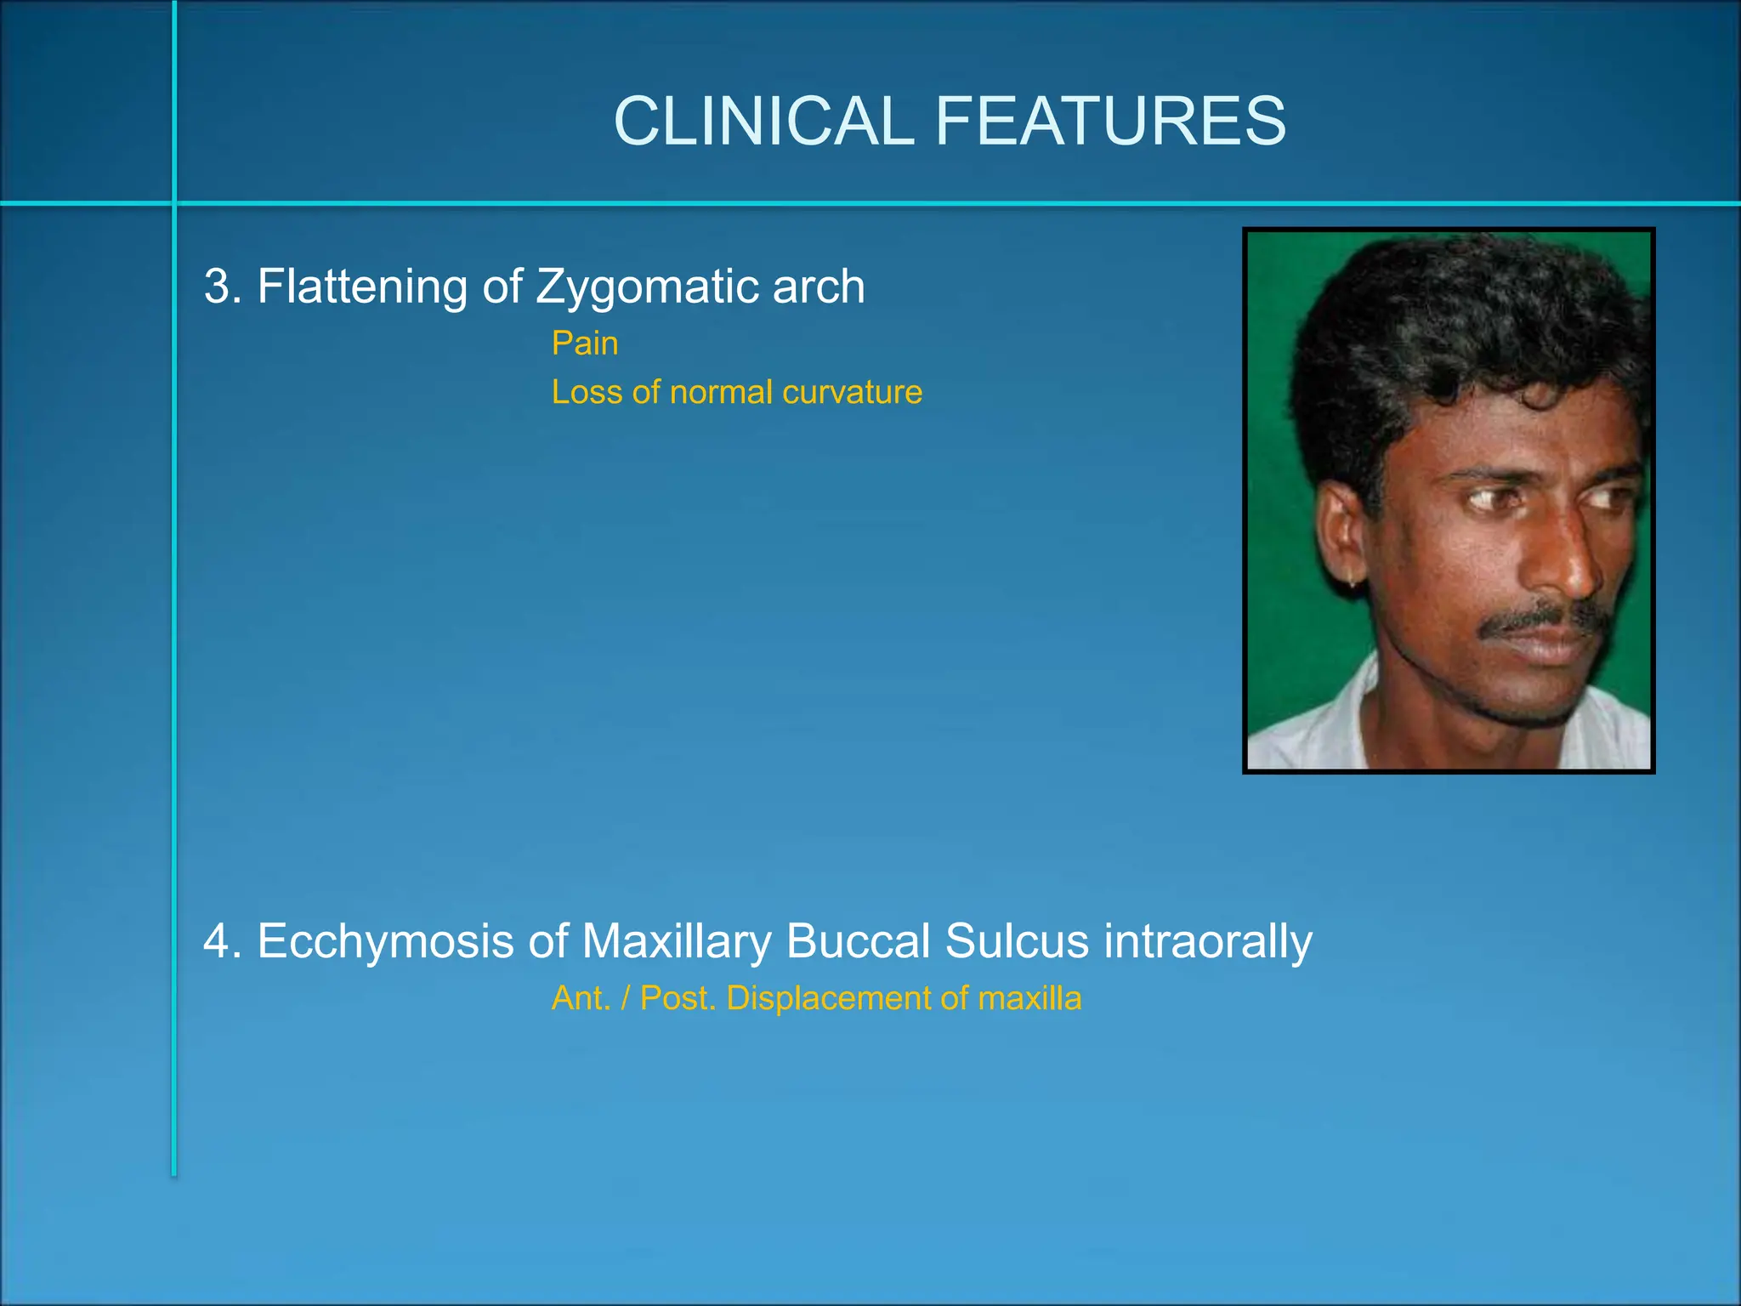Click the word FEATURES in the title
click(x=1110, y=122)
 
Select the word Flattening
click(x=362, y=287)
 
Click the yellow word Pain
click(x=585, y=344)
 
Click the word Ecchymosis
click(x=385, y=941)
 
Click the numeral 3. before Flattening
click(x=223, y=287)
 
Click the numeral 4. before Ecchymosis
click(x=223, y=941)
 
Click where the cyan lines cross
click(x=174, y=203)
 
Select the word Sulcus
click(x=1017, y=941)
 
